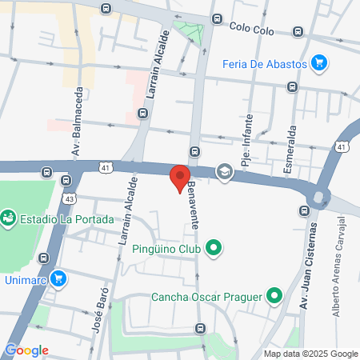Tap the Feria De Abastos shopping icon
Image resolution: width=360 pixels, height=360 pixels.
319,62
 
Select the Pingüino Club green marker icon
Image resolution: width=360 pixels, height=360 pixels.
213,249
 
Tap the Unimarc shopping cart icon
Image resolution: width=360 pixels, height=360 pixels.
58,278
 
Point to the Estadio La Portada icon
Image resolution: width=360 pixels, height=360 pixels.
9,218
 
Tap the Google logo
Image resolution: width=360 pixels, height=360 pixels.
26,350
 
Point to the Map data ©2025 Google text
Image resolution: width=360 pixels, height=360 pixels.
311,354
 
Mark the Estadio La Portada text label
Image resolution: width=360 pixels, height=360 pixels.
66,218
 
